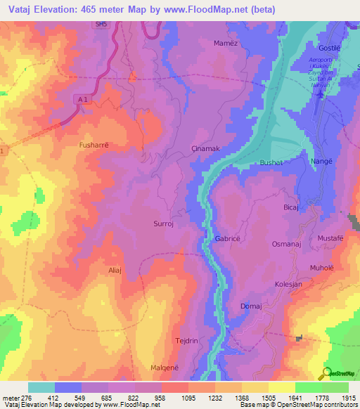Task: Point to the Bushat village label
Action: coord(271,162)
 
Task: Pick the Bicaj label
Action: coord(291,209)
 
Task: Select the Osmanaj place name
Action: coord(286,244)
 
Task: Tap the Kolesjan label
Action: coord(288,285)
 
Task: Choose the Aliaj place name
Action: coord(115,270)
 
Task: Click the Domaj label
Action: coord(251,306)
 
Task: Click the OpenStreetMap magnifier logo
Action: coord(326,373)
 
